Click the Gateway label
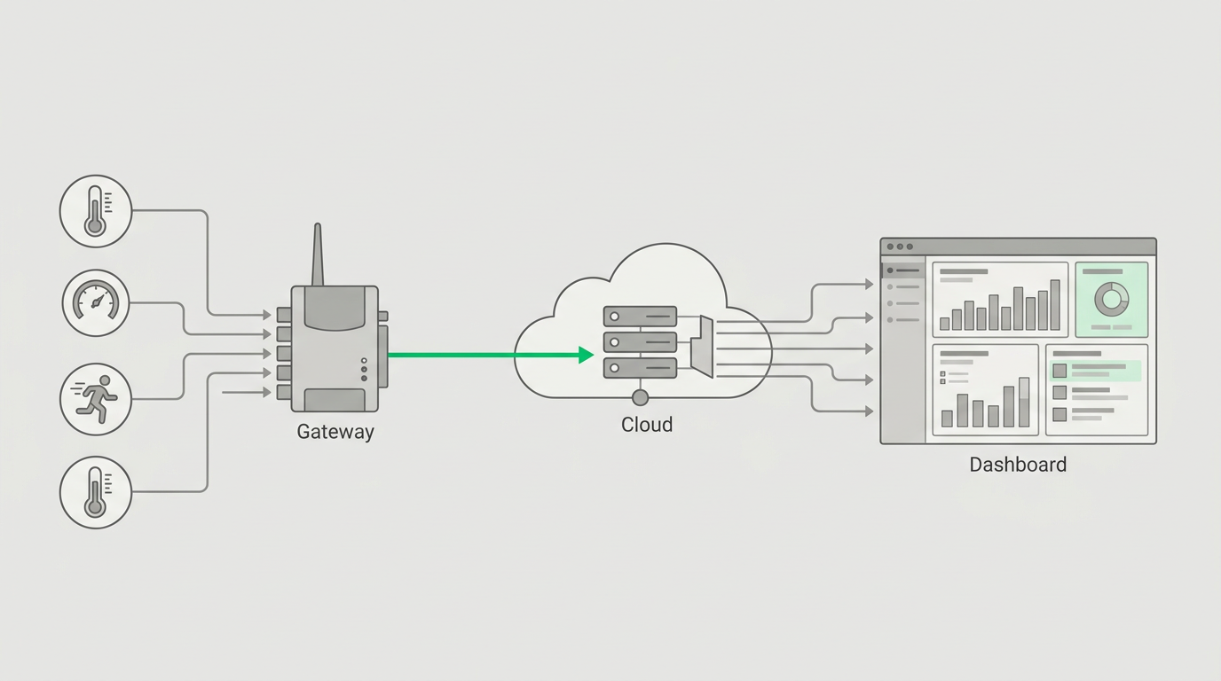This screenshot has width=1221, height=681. tap(335, 432)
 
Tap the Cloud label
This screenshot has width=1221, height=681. tap(647, 425)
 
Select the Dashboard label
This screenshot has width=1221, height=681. tap(1018, 465)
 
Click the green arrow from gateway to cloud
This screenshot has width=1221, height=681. tap(491, 356)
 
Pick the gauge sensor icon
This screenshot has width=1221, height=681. tap(96, 303)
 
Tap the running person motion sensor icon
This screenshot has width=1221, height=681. tap(96, 399)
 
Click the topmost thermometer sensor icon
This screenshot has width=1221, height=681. tap(96, 211)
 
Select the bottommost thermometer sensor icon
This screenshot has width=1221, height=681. tap(96, 492)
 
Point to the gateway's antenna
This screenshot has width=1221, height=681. tap(318, 254)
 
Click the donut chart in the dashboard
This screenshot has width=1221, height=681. tap(1112, 299)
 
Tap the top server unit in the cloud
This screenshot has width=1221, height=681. tap(640, 316)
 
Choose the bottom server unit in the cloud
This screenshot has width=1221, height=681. tap(640, 368)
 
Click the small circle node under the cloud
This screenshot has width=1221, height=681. tap(640, 398)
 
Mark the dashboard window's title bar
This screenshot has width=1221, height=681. tap(1018, 247)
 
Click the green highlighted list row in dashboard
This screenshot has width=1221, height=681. tap(1095, 371)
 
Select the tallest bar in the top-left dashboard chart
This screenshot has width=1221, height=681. tap(1055, 305)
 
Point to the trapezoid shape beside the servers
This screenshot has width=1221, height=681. tap(702, 347)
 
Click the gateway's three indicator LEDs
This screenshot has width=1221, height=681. tap(364, 370)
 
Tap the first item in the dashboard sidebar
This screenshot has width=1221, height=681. tap(903, 270)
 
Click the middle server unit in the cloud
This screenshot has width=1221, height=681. tap(640, 342)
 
